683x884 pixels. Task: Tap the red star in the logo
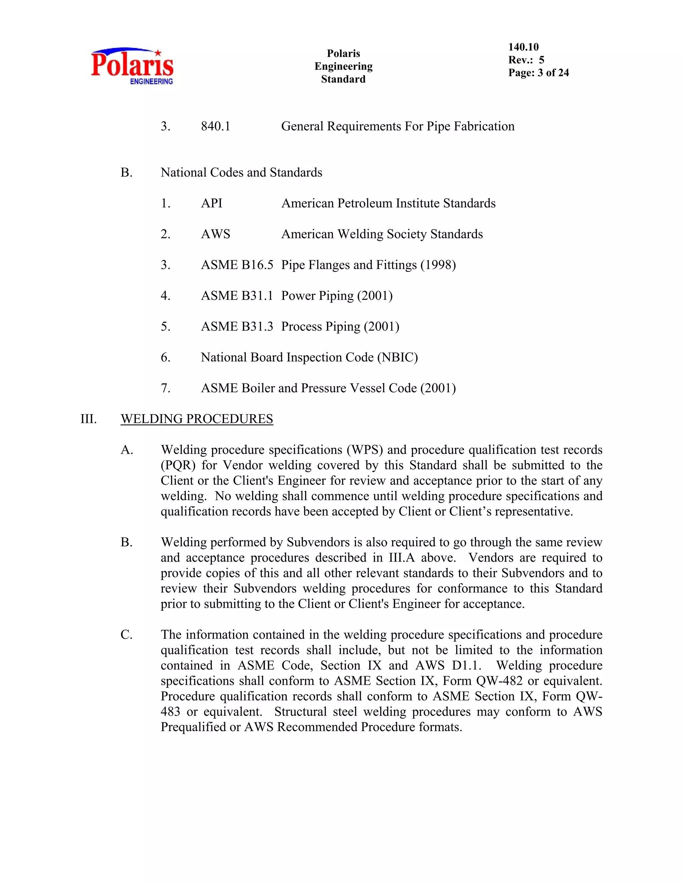[x=158, y=53]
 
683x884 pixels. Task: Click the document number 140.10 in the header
[x=523, y=47]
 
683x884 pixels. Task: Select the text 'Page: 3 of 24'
[x=538, y=73]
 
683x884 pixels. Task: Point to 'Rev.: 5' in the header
[x=526, y=60]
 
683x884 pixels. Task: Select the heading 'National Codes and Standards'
[x=241, y=172]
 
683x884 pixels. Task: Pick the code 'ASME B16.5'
[x=237, y=265]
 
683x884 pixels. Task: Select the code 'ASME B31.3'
[x=237, y=326]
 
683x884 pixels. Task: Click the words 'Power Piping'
[x=317, y=296]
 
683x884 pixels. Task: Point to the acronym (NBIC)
[x=397, y=357]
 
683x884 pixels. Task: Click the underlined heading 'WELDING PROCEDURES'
[x=197, y=419]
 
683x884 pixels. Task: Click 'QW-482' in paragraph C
[x=499, y=681]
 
